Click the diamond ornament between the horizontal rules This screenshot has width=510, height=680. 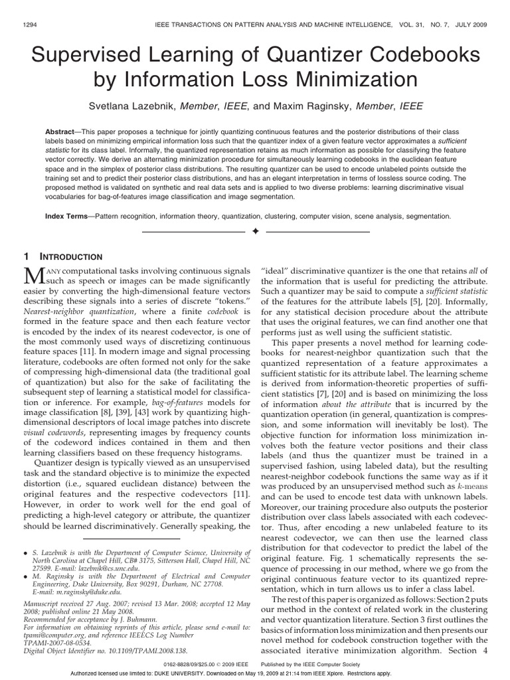pyautogui.click(x=254, y=232)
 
